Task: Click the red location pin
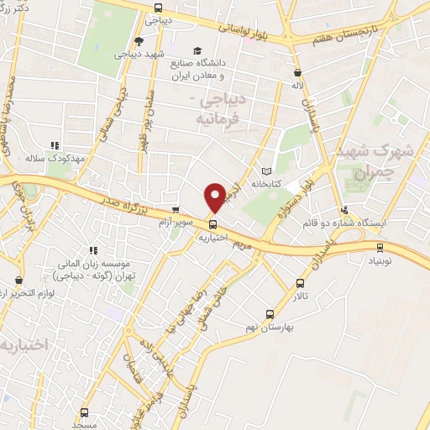pyautogui.click(x=216, y=197)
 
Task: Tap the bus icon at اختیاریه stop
pyautogui.click(x=212, y=224)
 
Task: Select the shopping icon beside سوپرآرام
pyautogui.click(x=176, y=211)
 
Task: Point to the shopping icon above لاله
pyautogui.click(x=297, y=72)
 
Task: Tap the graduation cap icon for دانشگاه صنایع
pyautogui.click(x=197, y=50)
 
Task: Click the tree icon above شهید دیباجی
pyautogui.click(x=137, y=41)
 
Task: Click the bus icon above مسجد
pyautogui.click(x=83, y=413)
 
